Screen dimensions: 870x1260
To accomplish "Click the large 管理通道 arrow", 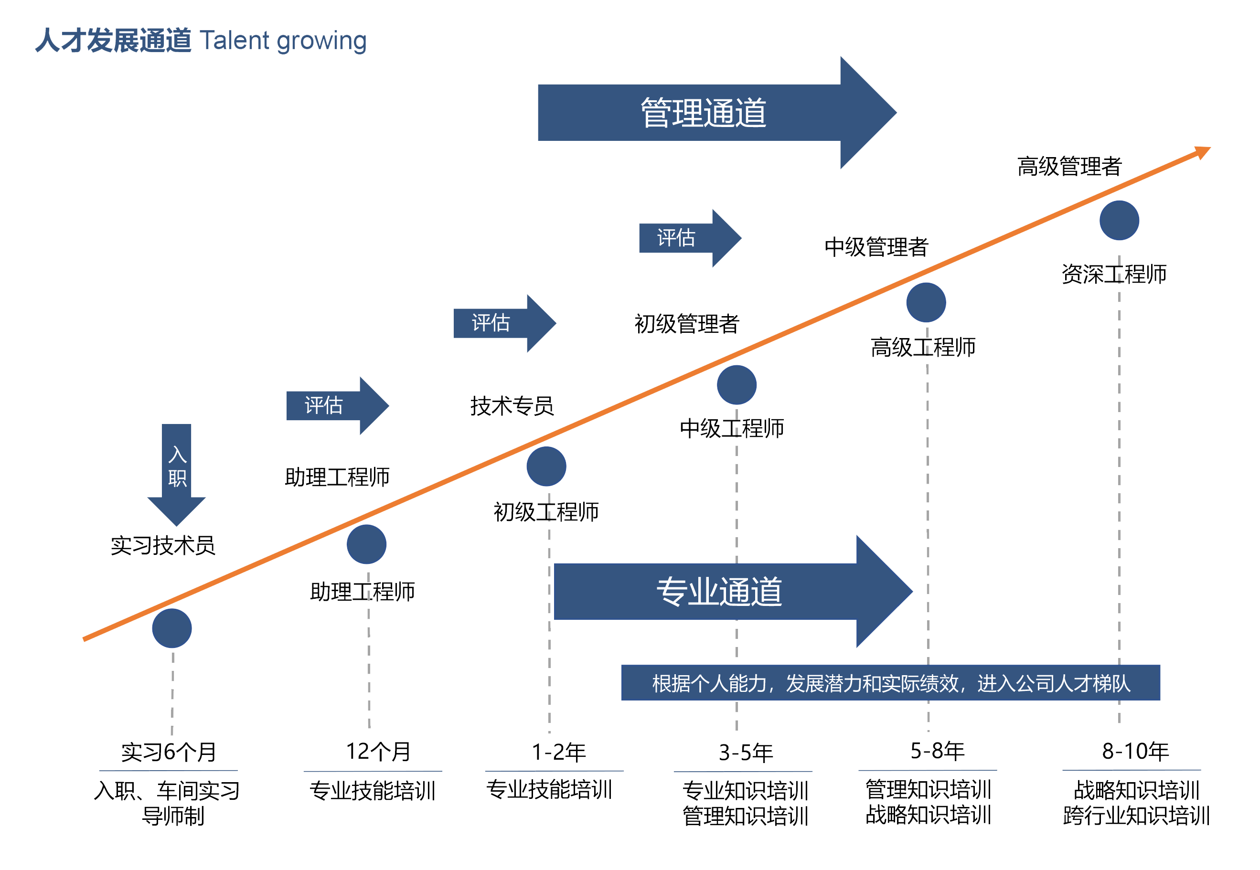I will (704, 113).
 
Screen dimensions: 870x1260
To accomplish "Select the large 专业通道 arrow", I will (720, 592).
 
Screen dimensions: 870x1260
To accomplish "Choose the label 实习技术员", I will (163, 545).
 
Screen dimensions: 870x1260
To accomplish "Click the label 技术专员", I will (512, 406).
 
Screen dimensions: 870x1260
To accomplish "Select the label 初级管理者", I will (686, 324).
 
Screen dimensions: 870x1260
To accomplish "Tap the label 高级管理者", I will (1069, 166).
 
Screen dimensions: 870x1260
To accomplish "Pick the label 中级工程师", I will (732, 428).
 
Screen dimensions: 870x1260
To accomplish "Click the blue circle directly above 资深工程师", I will (1119, 220).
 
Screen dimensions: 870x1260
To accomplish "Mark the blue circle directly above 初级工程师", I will (546, 466).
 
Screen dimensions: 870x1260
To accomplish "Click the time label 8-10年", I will (1135, 751).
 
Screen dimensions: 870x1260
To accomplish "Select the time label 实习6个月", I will (169, 752).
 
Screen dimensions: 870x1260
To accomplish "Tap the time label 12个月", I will (378, 751).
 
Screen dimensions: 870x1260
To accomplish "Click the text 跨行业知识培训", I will (1136, 816).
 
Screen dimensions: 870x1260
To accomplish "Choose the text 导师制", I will (173, 816).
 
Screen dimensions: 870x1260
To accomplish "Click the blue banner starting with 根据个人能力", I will (890, 682).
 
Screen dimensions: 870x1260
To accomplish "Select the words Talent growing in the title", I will (283, 40).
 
